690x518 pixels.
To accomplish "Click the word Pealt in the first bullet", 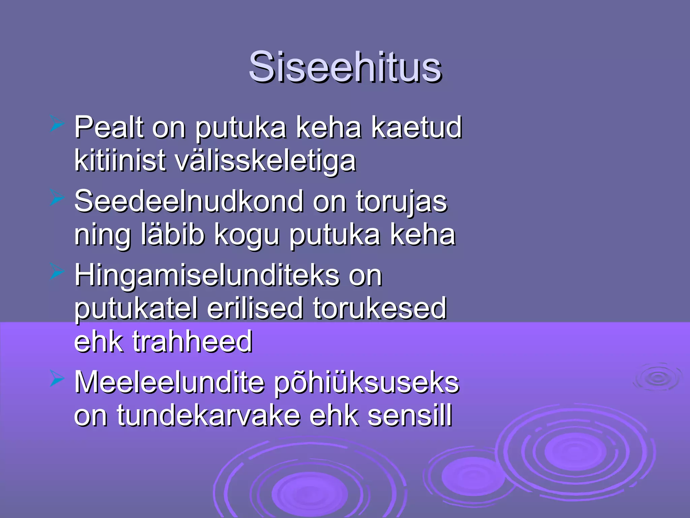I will (109, 127).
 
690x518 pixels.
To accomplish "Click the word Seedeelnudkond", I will (189, 201).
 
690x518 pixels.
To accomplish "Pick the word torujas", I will (401, 202).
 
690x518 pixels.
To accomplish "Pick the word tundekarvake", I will (209, 416).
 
